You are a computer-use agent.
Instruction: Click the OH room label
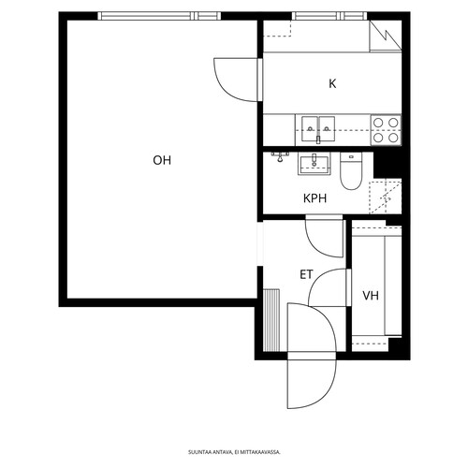[x=162, y=160]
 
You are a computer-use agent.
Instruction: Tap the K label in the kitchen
[x=332, y=83]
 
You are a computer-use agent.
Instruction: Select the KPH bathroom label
[x=314, y=198]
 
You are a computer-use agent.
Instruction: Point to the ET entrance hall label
[x=306, y=274]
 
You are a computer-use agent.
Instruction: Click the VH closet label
[x=371, y=296]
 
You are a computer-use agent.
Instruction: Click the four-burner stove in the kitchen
[x=386, y=130]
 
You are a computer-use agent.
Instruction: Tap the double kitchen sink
[x=318, y=128]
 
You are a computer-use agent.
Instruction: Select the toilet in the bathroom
[x=351, y=171]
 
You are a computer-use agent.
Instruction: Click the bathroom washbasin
[x=314, y=164]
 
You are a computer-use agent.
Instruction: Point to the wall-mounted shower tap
[x=280, y=157]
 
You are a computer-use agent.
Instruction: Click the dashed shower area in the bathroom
[x=386, y=197]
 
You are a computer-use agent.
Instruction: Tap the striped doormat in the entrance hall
[x=271, y=320]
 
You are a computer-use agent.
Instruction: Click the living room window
[x=159, y=16]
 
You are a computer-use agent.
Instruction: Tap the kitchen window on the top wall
[x=329, y=16]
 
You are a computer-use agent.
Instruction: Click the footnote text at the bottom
[x=234, y=452]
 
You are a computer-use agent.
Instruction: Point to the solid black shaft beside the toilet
[x=388, y=165]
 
